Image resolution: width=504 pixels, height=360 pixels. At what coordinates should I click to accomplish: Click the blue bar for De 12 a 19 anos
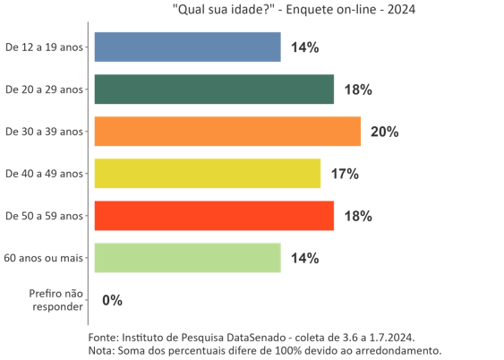187,47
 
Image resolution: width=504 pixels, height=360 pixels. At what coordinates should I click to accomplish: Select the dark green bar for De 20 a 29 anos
214,90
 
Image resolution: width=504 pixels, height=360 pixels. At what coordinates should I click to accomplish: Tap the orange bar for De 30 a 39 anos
227,132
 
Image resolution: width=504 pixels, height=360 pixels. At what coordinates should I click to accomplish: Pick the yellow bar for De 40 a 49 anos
207,174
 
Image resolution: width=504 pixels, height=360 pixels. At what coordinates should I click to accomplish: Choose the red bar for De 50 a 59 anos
214,216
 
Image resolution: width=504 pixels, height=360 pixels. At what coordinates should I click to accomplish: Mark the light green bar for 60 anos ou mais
187,258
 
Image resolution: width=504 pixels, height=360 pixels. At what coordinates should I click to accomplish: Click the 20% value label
384,132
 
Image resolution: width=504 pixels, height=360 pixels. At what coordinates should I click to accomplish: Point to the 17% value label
345,174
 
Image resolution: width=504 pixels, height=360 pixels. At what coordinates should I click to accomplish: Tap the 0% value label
112,300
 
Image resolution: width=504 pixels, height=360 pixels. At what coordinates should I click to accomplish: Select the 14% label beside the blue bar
305,47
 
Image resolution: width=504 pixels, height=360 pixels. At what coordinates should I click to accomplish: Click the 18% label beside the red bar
358,216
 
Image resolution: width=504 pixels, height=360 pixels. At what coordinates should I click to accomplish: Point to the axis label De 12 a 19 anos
44,47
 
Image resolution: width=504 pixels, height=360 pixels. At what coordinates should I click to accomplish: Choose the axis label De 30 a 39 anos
44,132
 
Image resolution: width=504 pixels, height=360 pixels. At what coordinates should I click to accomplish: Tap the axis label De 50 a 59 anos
44,216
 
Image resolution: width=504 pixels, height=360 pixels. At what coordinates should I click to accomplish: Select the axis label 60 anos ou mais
44,258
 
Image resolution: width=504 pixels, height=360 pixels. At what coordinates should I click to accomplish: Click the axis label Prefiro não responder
56,300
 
